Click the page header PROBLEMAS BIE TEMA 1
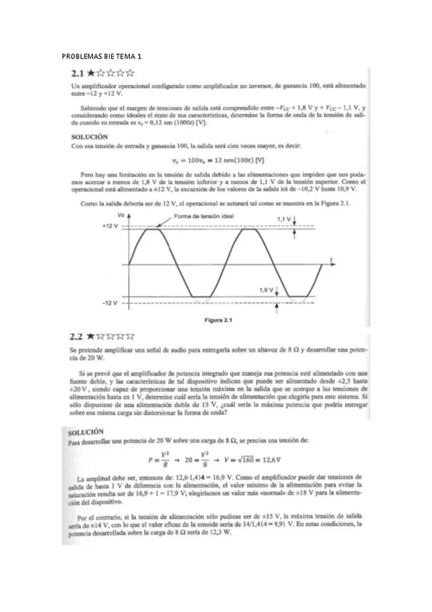(x=102, y=56)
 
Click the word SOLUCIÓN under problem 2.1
(x=90, y=135)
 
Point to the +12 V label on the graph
(x=109, y=227)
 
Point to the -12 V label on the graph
(x=110, y=303)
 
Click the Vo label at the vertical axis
(x=120, y=216)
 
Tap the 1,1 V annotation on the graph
(x=283, y=218)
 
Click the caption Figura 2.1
(x=223, y=319)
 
